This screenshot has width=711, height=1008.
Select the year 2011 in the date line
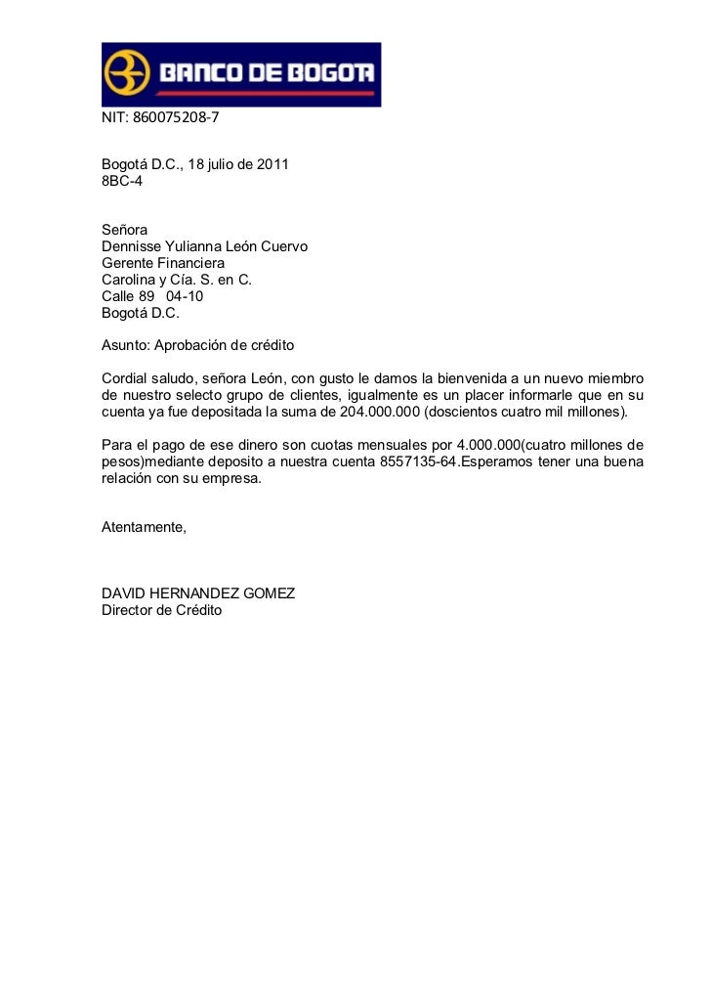point(272,165)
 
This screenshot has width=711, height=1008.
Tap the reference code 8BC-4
point(122,182)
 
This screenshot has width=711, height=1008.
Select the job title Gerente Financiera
point(163,263)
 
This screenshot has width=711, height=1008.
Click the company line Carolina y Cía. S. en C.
point(176,280)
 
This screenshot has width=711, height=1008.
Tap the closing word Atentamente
point(143,528)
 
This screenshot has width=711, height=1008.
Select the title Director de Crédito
point(162,610)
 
